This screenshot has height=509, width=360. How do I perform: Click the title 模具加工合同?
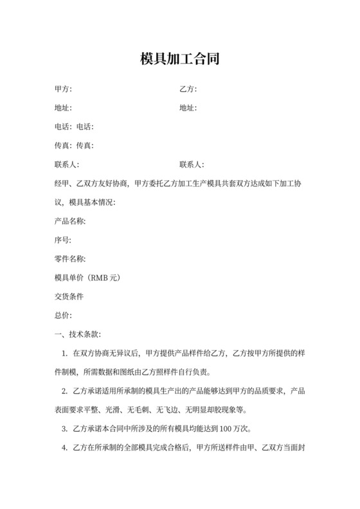(x=180, y=60)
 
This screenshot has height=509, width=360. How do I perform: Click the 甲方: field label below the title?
(x=64, y=89)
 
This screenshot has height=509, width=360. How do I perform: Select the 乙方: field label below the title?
(x=188, y=89)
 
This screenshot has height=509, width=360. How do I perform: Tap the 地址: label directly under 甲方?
(x=64, y=108)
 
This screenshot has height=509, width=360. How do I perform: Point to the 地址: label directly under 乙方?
(x=188, y=108)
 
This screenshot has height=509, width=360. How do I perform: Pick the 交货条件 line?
(x=69, y=297)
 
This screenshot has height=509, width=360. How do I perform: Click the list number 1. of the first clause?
(x=64, y=353)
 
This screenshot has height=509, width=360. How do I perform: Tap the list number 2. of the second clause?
(x=64, y=391)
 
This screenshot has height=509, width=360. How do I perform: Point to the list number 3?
(x=64, y=429)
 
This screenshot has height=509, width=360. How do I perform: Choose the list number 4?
(x=64, y=448)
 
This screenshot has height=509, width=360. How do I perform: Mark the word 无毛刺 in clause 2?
(x=157, y=410)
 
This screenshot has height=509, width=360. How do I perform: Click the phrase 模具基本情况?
(x=92, y=202)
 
